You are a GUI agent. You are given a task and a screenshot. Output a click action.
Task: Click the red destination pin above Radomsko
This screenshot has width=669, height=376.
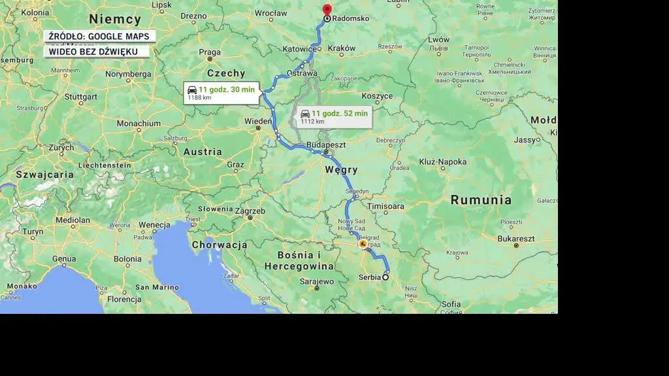[327, 9]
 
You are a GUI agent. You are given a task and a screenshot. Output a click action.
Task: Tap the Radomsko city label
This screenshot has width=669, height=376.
[350, 18]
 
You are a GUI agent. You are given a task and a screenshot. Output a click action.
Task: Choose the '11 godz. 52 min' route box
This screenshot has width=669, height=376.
[334, 116]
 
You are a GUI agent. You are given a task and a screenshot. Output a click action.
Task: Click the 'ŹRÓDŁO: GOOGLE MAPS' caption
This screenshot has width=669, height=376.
[99, 37]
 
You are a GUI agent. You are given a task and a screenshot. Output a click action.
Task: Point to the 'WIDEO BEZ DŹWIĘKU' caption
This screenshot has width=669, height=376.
[90, 52]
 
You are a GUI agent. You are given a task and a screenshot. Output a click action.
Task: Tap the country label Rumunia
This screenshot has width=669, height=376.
[481, 200]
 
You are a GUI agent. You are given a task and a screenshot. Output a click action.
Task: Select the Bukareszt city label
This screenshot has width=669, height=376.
[516, 239]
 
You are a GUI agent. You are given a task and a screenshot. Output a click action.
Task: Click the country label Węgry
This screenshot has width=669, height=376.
[341, 170]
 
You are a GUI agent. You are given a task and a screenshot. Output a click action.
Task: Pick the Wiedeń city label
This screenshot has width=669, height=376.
[258, 122]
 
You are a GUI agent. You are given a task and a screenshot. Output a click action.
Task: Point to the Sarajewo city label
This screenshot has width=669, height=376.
[317, 282]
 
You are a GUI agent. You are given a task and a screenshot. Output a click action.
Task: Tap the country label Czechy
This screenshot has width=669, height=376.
[226, 73]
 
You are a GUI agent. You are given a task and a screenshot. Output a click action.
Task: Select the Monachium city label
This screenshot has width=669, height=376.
[139, 123]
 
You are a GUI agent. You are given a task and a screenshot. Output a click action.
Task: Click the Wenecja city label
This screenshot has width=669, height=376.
[154, 225]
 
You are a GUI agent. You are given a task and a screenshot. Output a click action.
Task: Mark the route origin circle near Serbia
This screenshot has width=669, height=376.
[385, 277]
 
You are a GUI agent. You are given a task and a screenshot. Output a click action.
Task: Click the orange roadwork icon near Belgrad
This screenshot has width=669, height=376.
[363, 244]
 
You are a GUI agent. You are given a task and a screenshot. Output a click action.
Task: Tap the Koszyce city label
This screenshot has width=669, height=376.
[377, 96]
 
